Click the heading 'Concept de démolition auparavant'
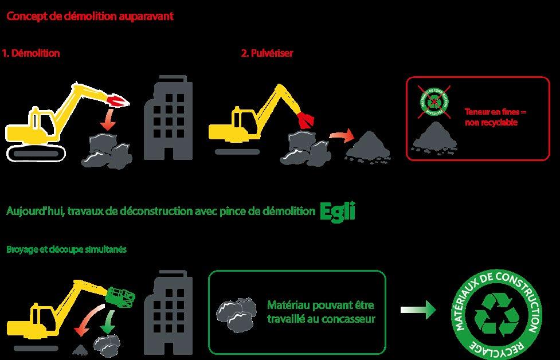point(90,16)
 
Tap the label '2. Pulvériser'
point(268,53)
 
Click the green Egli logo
point(338,211)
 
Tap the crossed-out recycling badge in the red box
point(434,101)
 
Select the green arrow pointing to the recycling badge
point(418,310)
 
